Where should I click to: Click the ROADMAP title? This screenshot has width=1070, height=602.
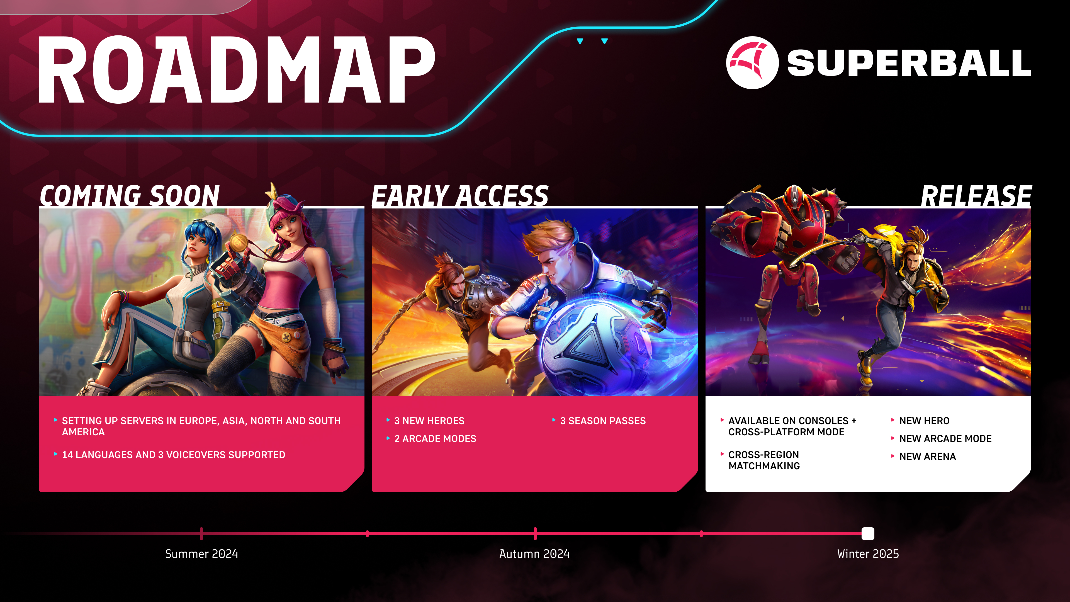[236, 69]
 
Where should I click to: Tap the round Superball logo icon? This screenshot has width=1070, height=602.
[752, 63]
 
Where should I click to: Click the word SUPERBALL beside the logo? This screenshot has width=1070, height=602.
[909, 63]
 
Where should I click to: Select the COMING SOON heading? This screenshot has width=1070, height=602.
[130, 195]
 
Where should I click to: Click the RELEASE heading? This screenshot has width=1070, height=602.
[976, 195]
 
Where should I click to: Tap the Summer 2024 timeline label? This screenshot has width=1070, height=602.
[201, 554]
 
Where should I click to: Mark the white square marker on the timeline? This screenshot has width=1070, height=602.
[868, 533]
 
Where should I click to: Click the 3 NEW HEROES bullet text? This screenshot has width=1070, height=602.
[429, 421]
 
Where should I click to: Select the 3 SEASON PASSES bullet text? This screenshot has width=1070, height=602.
[603, 421]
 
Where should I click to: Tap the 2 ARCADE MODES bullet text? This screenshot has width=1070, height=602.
[435, 439]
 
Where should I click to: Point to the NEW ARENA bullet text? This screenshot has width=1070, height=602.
[928, 457]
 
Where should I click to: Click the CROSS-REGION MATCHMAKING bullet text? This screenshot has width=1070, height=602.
[764, 460]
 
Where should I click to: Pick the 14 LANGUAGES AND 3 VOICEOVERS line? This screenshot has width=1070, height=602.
[174, 455]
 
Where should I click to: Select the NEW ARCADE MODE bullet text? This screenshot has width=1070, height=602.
[945, 439]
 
